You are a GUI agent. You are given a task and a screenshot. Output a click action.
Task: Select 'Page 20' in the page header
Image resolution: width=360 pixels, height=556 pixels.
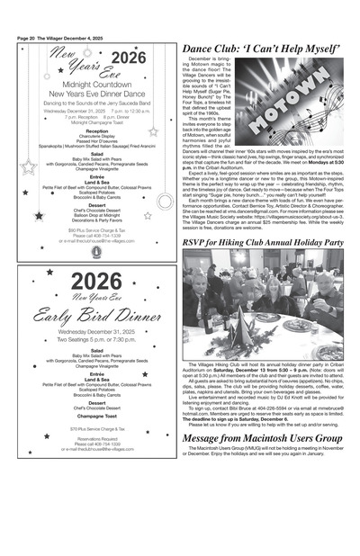pyautogui.click(x=26, y=38)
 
